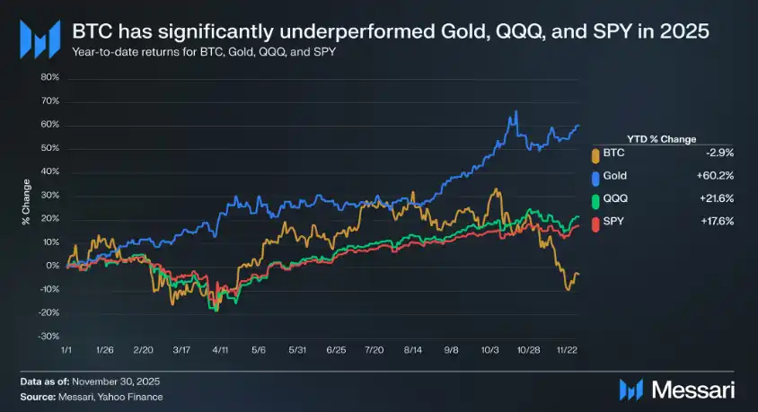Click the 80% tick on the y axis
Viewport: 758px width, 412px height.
tap(48, 77)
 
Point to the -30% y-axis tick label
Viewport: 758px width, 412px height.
tap(48, 336)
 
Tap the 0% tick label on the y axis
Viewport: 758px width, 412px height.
tap(53, 266)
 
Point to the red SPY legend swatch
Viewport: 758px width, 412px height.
tap(595, 220)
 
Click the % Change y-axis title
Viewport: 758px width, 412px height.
tap(26, 206)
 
